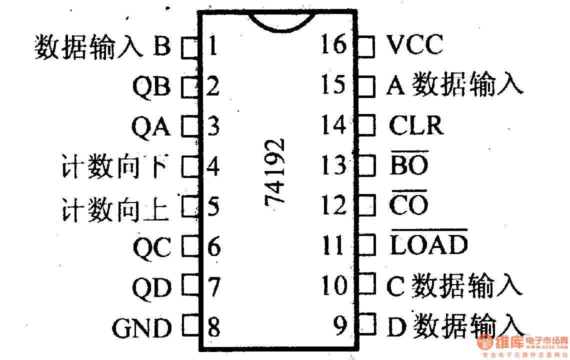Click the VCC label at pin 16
[x=414, y=45]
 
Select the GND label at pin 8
[x=142, y=328]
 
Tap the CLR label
[x=415, y=125]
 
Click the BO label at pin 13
[x=408, y=164]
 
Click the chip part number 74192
[x=275, y=171]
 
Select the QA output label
[x=151, y=126]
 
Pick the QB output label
[x=151, y=87]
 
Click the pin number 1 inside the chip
[x=212, y=46]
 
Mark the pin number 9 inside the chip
[x=340, y=326]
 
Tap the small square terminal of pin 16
[x=366, y=46]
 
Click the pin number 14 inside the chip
[x=333, y=125]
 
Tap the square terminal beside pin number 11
[x=366, y=245]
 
